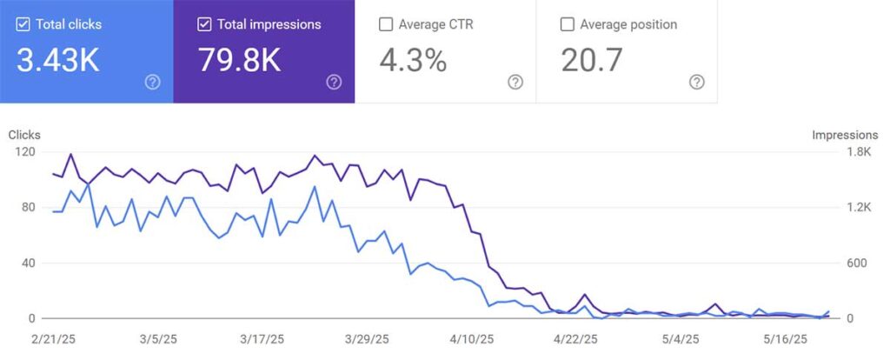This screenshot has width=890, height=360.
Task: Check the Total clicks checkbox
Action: click(x=23, y=24)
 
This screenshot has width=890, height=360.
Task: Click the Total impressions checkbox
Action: click(x=204, y=24)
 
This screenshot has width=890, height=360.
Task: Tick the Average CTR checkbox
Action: click(x=386, y=24)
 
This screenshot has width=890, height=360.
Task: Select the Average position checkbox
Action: click(x=568, y=24)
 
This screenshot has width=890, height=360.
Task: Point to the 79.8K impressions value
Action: click(x=240, y=61)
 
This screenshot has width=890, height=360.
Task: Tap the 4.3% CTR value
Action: click(x=413, y=61)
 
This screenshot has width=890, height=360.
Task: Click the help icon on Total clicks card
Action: click(x=153, y=82)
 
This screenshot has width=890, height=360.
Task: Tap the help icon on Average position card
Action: click(x=696, y=82)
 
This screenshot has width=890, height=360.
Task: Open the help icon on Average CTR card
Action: click(x=515, y=82)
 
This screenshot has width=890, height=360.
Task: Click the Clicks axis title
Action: click(x=24, y=135)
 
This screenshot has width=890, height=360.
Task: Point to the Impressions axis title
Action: click(x=845, y=135)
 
